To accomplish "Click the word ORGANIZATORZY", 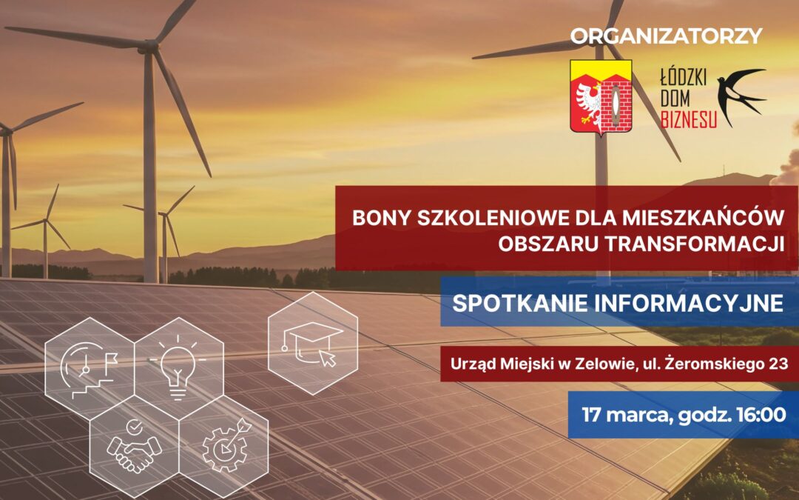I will click(666, 36).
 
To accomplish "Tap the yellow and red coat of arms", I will click(600, 97).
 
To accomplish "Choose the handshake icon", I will click(134, 447).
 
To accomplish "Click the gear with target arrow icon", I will click(224, 447).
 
